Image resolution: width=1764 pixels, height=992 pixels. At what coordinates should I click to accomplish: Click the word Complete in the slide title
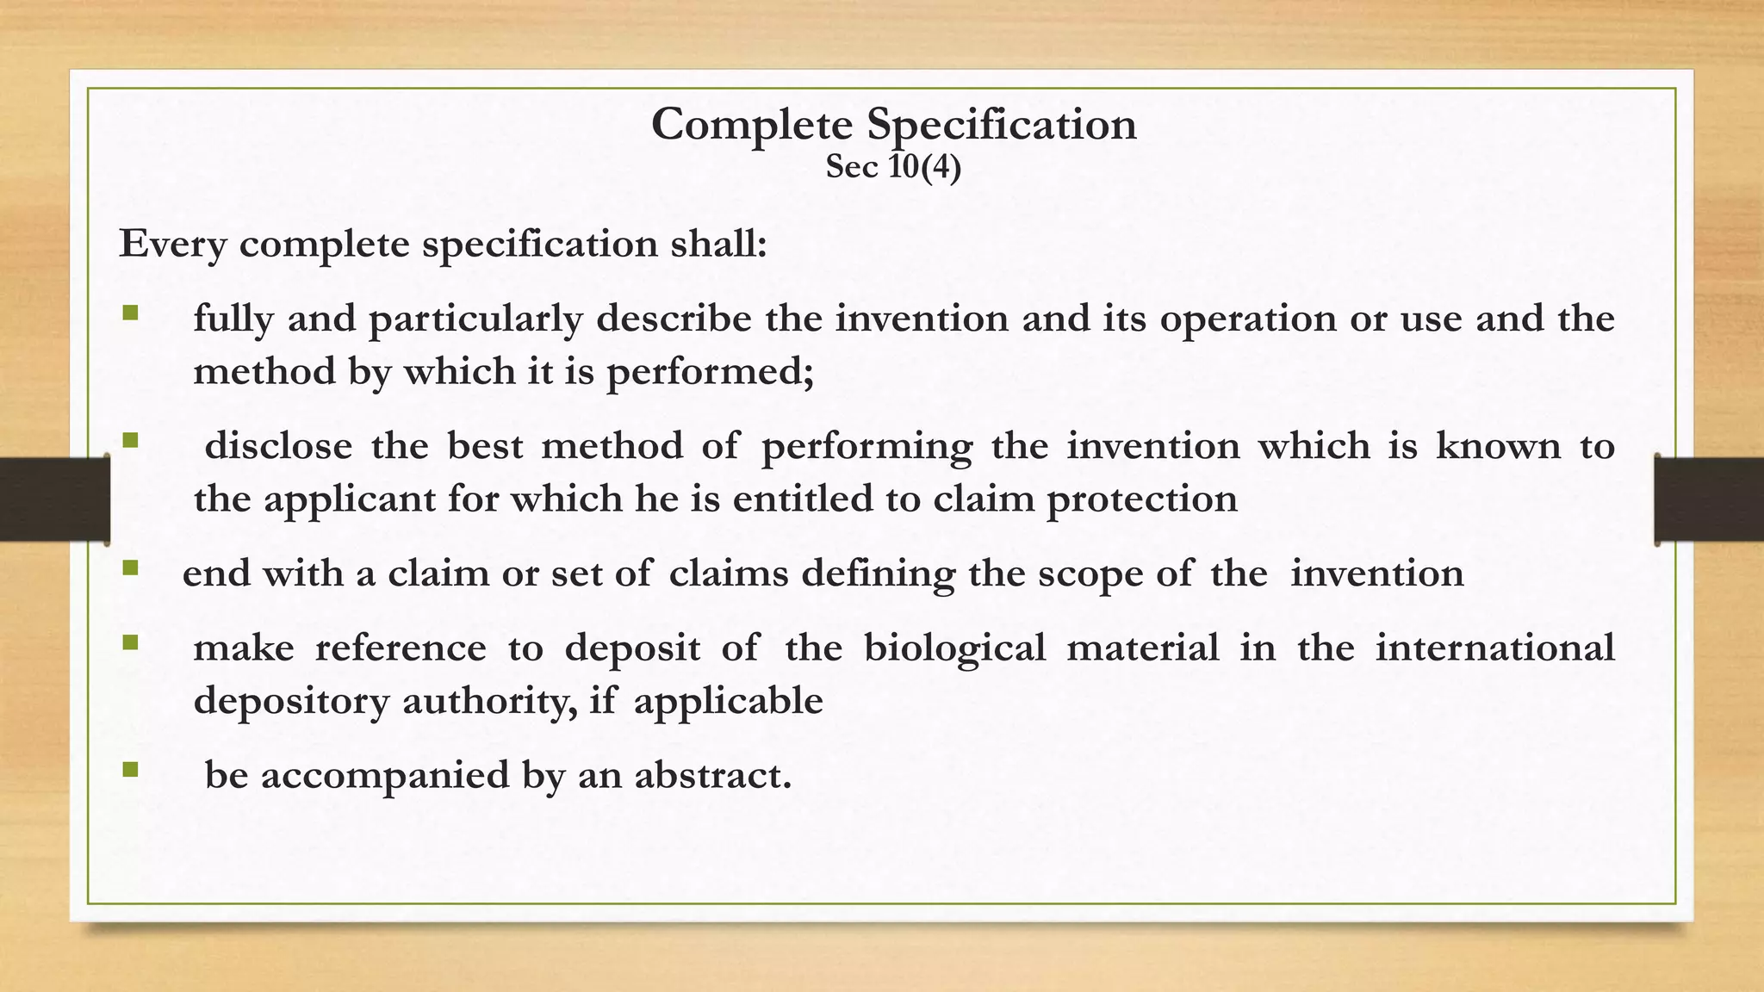[751, 125]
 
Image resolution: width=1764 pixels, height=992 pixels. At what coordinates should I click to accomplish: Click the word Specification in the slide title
[1002, 125]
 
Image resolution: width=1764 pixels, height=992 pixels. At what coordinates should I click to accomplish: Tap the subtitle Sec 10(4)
[893, 167]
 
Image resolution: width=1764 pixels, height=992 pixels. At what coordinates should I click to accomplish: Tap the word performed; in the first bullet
[710, 372]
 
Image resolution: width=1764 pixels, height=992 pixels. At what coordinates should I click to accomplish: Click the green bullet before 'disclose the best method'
[130, 440]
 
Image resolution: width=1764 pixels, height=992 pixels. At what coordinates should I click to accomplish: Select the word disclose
[278, 446]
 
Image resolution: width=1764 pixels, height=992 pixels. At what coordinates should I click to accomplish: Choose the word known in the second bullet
[1498, 446]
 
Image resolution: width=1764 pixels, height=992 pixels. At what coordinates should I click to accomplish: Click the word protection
[1141, 499]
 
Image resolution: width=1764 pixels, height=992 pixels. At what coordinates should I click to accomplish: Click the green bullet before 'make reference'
[130, 642]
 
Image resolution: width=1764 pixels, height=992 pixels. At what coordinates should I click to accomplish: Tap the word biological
[954, 648]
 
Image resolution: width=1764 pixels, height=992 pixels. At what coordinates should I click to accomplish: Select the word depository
[291, 702]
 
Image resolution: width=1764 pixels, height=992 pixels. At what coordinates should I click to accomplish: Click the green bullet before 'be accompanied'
[130, 768]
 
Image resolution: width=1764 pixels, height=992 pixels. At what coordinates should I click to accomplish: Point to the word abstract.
[712, 775]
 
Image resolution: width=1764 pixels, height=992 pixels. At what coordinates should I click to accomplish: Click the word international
[1494, 648]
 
